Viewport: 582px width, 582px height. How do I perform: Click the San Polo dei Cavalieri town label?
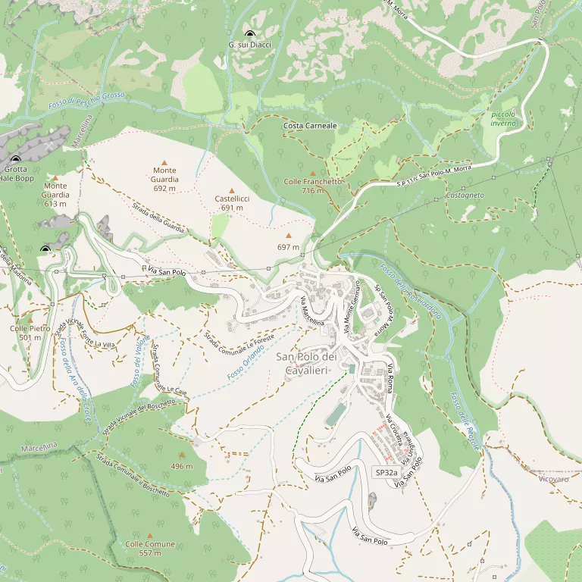tap(305, 363)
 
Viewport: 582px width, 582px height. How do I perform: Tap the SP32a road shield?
tap(386, 472)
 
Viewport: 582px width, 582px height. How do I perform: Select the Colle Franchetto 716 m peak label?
tap(312, 186)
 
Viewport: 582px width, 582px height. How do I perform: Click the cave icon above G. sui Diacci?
tap(250, 34)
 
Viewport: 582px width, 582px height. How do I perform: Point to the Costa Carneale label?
tap(310, 125)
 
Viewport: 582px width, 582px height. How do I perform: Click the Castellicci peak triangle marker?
tap(232, 190)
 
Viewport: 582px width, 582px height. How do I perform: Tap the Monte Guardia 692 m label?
tap(164, 180)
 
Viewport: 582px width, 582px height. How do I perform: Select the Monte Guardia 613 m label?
tap(55, 195)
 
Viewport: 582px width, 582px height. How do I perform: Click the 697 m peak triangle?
tap(288, 236)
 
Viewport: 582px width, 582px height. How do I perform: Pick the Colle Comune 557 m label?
tap(150, 549)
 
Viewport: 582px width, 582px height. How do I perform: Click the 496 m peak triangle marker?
tap(181, 455)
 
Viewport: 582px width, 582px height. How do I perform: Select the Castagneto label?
tap(465, 196)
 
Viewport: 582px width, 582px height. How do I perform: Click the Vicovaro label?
tap(554, 479)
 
